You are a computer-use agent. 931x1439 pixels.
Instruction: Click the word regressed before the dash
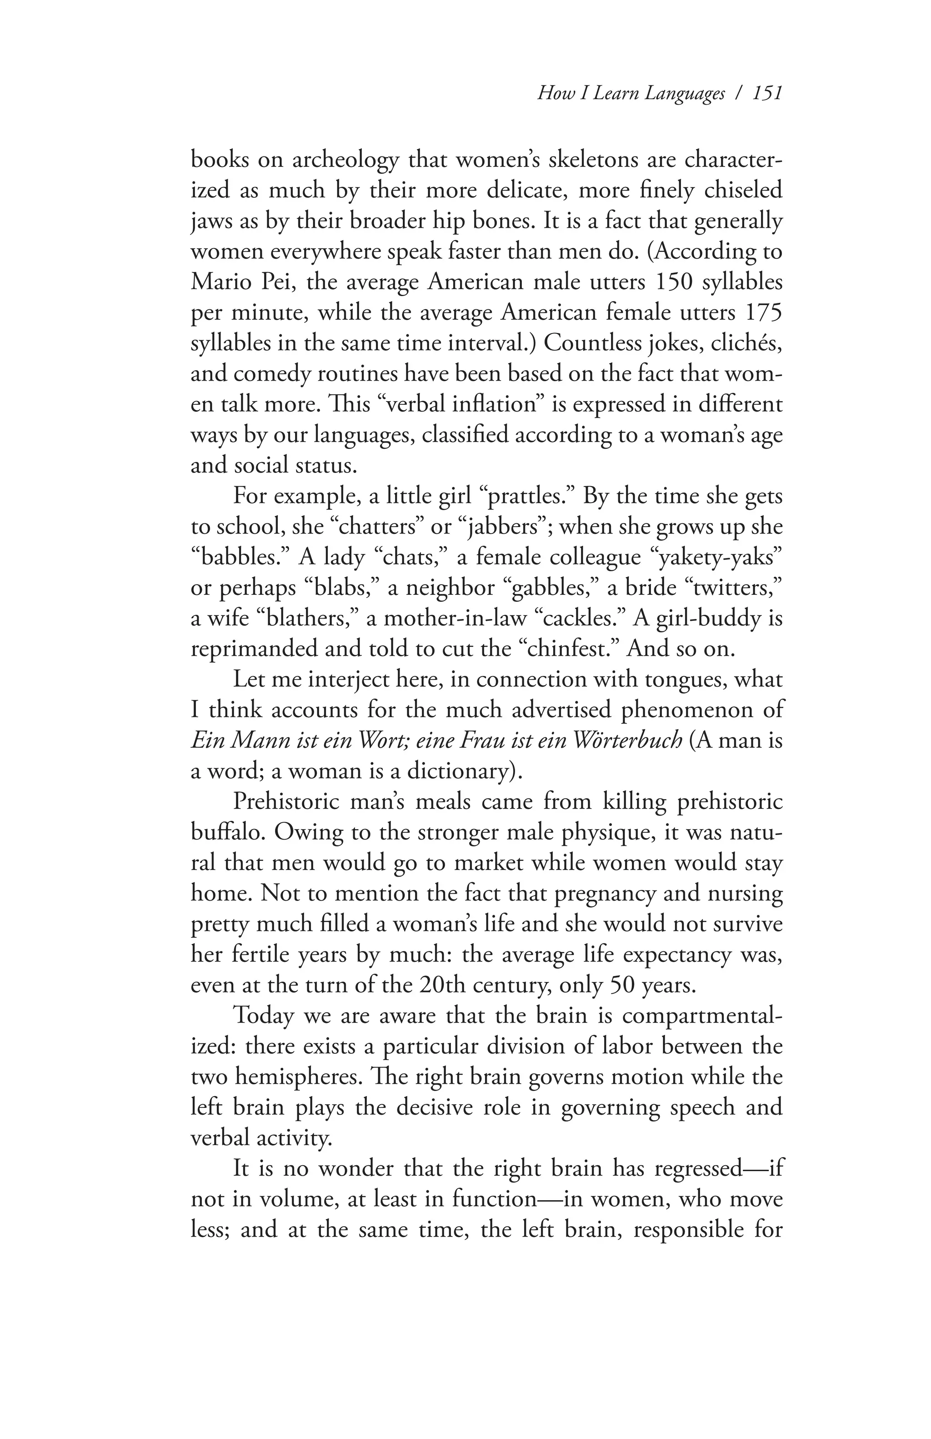point(691,1169)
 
